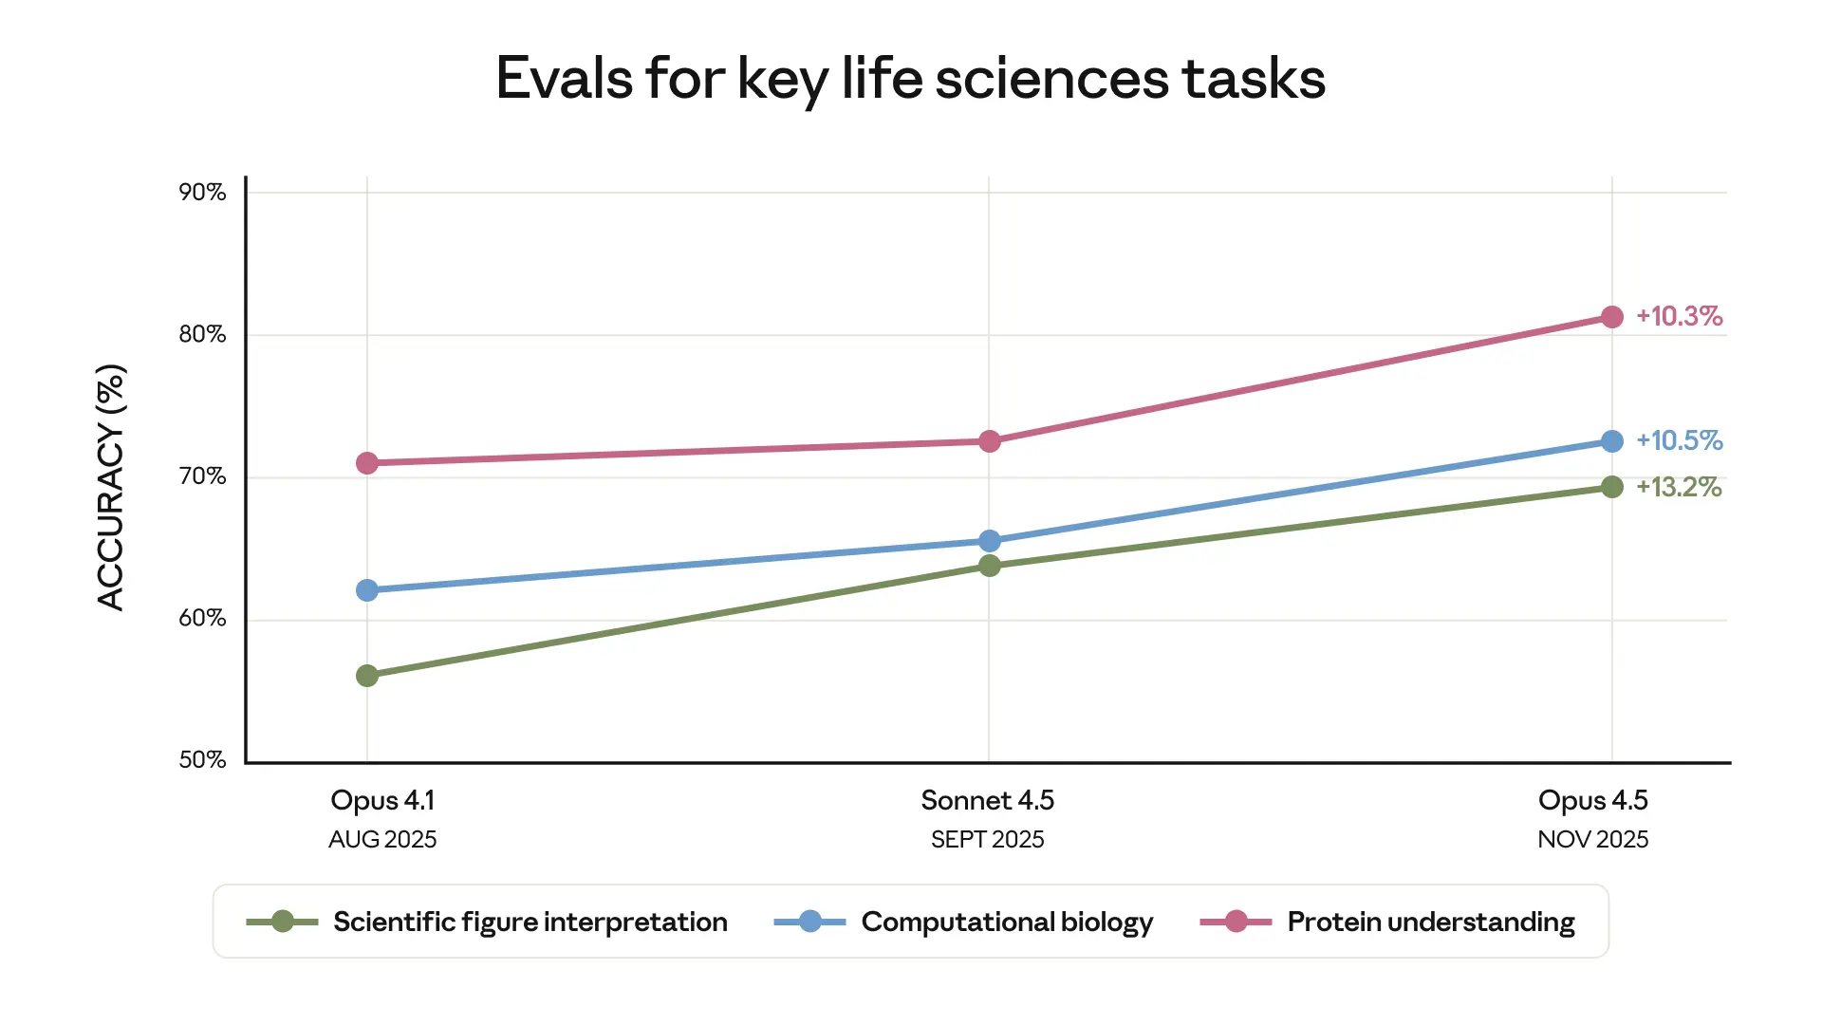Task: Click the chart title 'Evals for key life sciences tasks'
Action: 910,78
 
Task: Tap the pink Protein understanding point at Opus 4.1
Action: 367,463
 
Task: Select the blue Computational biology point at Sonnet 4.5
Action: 989,541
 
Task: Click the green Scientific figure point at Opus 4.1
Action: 367,676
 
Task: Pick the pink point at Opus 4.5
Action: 1611,317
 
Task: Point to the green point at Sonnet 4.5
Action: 989,566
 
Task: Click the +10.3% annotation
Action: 1679,316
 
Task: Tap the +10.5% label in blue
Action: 1679,440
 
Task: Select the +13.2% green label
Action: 1679,487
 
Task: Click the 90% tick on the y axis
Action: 202,193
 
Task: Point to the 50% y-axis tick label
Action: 202,760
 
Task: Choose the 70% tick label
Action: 202,476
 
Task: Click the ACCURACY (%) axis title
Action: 111,487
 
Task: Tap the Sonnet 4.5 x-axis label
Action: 987,800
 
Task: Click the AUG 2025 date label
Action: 382,840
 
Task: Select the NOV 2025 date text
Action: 1592,840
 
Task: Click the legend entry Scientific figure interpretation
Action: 530,922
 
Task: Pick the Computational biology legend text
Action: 1007,922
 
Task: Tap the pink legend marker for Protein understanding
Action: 1236,922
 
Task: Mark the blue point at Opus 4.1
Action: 367,590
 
